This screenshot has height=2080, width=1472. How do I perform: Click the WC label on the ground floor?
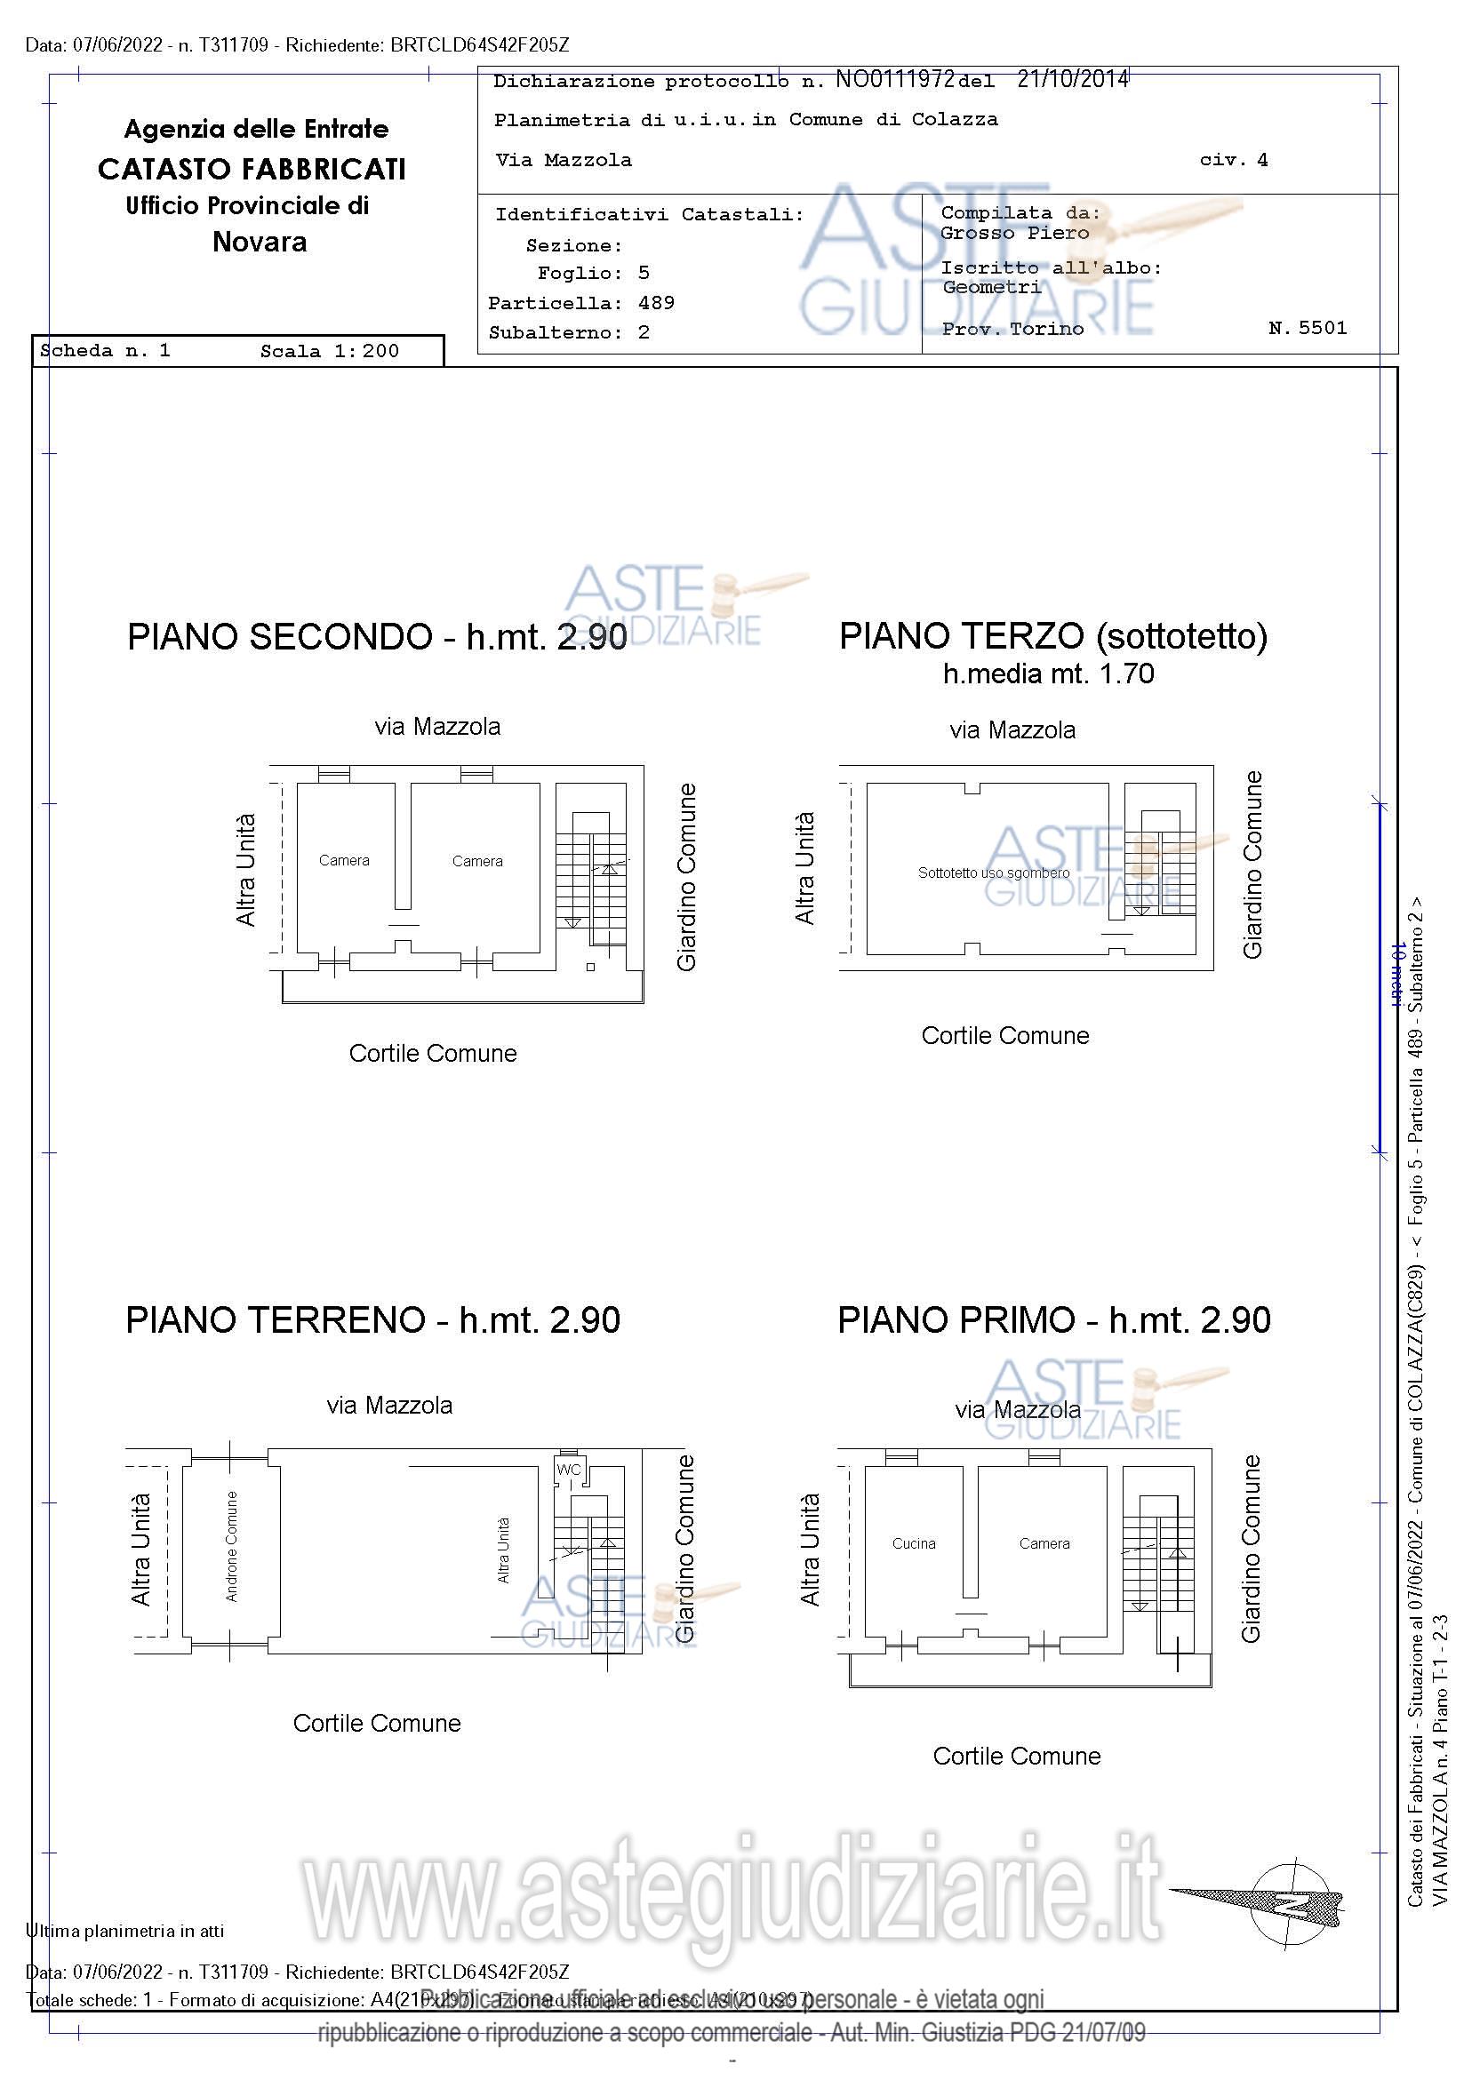pyautogui.click(x=568, y=1470)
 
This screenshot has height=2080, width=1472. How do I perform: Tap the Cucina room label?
pyautogui.click(x=913, y=1543)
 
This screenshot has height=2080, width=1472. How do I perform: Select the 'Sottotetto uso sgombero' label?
pyautogui.click(x=994, y=873)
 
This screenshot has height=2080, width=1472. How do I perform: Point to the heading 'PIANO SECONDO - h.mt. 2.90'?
pyautogui.click(x=376, y=637)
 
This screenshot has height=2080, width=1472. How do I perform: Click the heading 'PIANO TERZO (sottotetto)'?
pyautogui.click(x=1052, y=636)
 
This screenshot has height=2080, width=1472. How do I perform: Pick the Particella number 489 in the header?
pyautogui.click(x=656, y=303)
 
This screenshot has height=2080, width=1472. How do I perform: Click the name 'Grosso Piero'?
pyautogui.click(x=1014, y=233)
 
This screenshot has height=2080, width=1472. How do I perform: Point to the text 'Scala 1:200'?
pyautogui.click(x=329, y=352)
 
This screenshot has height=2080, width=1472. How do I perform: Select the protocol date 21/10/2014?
pyautogui.click(x=1072, y=79)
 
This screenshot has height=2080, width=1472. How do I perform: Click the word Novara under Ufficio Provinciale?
pyautogui.click(x=260, y=242)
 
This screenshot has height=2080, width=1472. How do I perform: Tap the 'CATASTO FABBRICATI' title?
pyautogui.click(x=252, y=169)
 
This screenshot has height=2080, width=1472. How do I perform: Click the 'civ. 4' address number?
pyautogui.click(x=1233, y=160)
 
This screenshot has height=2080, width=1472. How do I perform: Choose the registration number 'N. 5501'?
pyautogui.click(x=1307, y=328)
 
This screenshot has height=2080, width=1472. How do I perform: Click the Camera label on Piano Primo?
pyautogui.click(x=1044, y=1543)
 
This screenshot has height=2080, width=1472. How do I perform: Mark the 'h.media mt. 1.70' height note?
pyautogui.click(x=1048, y=674)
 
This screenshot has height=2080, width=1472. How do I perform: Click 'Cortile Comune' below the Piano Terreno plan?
pyautogui.click(x=376, y=1723)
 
